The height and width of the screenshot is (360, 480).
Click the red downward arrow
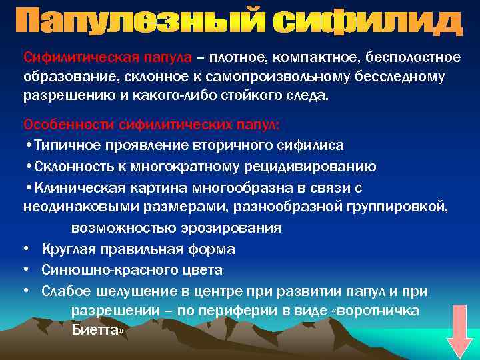458,331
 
